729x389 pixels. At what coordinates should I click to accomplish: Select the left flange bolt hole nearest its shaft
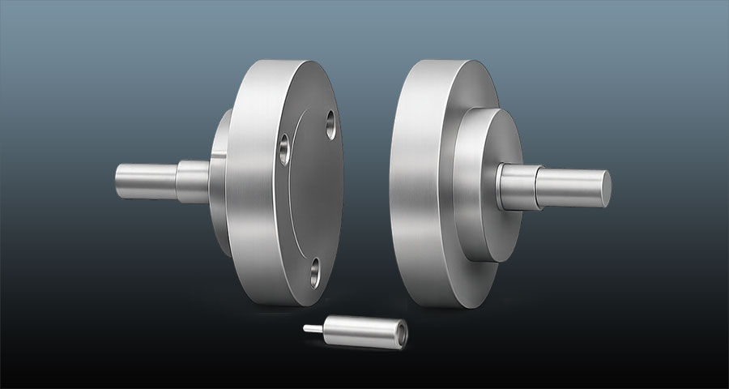pyautogui.click(x=285, y=149)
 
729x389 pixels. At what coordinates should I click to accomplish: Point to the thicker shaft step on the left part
pyautogui.click(x=192, y=180)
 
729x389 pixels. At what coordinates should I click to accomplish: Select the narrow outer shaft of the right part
pyautogui.click(x=571, y=184)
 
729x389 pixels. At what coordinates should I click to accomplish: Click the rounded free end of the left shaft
pyautogui.click(x=118, y=177)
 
